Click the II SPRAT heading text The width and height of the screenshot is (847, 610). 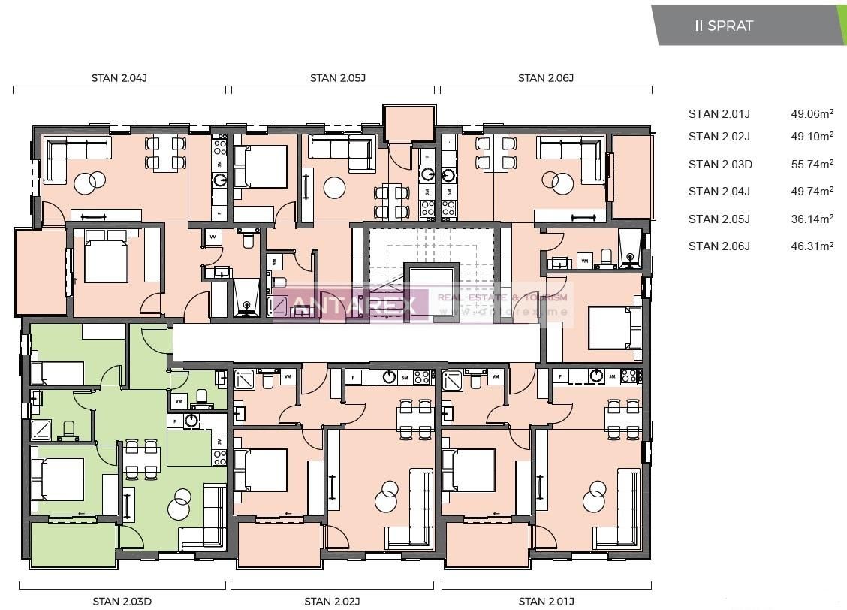(x=724, y=26)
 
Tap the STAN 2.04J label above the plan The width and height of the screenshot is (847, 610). (x=119, y=77)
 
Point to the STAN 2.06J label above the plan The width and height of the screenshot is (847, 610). (x=546, y=77)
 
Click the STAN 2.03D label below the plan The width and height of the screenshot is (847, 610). (x=122, y=601)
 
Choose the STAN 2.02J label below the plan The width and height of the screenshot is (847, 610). (x=332, y=601)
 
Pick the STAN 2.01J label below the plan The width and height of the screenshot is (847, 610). (x=546, y=601)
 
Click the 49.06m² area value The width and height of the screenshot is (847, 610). (x=812, y=114)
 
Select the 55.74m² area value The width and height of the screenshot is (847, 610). (x=812, y=164)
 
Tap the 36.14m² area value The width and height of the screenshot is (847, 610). (x=812, y=219)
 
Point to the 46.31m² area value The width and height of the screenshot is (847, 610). (x=812, y=246)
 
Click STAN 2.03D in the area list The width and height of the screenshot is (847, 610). (x=719, y=164)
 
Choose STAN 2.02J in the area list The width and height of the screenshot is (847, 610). (x=719, y=136)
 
